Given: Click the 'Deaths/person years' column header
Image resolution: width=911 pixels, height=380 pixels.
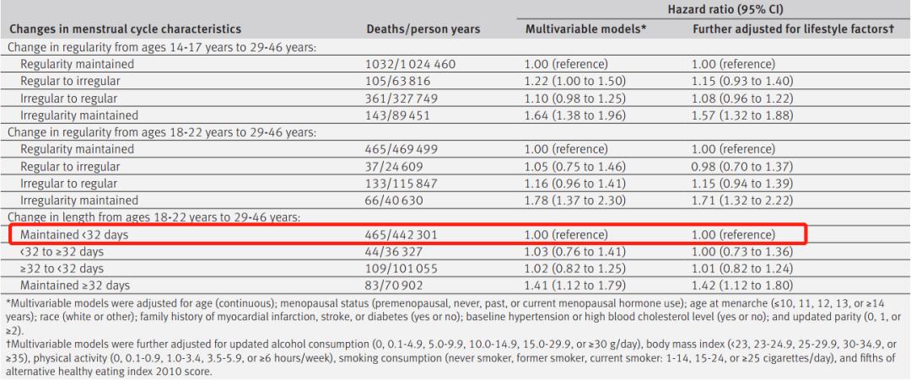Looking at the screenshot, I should pos(423,29).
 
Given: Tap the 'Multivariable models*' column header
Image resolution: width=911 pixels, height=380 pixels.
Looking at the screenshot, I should pos(586,29).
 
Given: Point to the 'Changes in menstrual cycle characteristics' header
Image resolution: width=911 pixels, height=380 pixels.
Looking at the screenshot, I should pos(125,29).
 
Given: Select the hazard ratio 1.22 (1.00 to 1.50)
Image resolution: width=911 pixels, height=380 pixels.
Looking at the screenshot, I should pos(575,81).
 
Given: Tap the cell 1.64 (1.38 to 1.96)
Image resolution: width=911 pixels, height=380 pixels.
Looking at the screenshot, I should pos(575,115).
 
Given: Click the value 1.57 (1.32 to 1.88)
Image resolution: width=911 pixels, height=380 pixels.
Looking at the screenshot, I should pos(742,115).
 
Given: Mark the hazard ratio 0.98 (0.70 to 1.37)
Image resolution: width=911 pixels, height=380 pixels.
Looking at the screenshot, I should pos(742,167).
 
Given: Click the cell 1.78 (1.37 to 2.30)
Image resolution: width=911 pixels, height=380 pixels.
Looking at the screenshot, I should pos(575,201).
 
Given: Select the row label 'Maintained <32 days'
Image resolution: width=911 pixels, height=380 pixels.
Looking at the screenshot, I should pos(74,235).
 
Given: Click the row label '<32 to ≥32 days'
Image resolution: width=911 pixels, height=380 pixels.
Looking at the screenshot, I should pos(62,252).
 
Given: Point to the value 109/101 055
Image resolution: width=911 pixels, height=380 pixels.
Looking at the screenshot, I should pos(402,269).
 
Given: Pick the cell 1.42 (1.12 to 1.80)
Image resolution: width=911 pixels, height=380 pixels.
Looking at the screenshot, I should pos(742,286).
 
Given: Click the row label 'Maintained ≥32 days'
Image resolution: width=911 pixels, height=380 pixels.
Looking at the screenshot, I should pos(75,286).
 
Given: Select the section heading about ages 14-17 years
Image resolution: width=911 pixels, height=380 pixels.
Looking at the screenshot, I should pos(161,47).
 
